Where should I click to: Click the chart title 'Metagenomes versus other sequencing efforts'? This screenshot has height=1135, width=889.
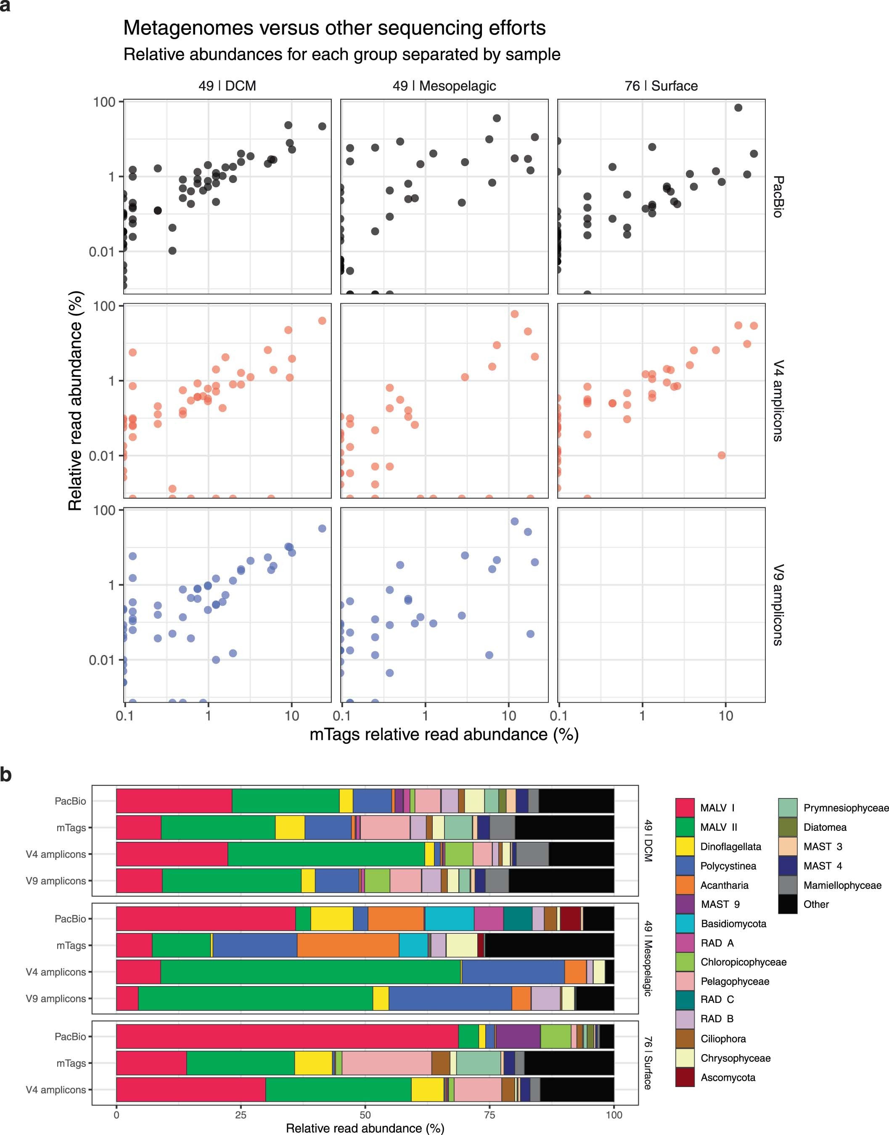click(334, 28)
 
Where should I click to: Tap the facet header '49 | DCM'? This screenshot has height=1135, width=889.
click(227, 86)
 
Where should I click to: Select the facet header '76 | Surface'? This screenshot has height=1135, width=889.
click(661, 86)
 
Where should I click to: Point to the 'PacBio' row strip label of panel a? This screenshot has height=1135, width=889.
click(778, 196)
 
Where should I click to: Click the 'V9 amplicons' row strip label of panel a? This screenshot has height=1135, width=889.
click(778, 605)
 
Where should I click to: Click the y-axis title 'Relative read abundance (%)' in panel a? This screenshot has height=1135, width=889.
click(75, 401)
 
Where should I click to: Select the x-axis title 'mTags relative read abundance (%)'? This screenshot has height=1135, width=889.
click(444, 734)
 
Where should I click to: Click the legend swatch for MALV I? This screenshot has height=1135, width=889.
click(685, 808)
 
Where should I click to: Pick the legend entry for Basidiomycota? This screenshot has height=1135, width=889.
click(733, 924)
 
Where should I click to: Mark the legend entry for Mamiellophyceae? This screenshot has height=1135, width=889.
click(842, 885)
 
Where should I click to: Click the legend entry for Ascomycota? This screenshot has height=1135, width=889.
click(727, 1078)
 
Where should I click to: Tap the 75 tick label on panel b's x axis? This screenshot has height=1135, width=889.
click(490, 1115)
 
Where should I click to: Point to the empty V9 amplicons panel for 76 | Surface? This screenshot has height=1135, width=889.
click(661, 605)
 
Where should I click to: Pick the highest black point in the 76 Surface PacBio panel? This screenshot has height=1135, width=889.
click(738, 108)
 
